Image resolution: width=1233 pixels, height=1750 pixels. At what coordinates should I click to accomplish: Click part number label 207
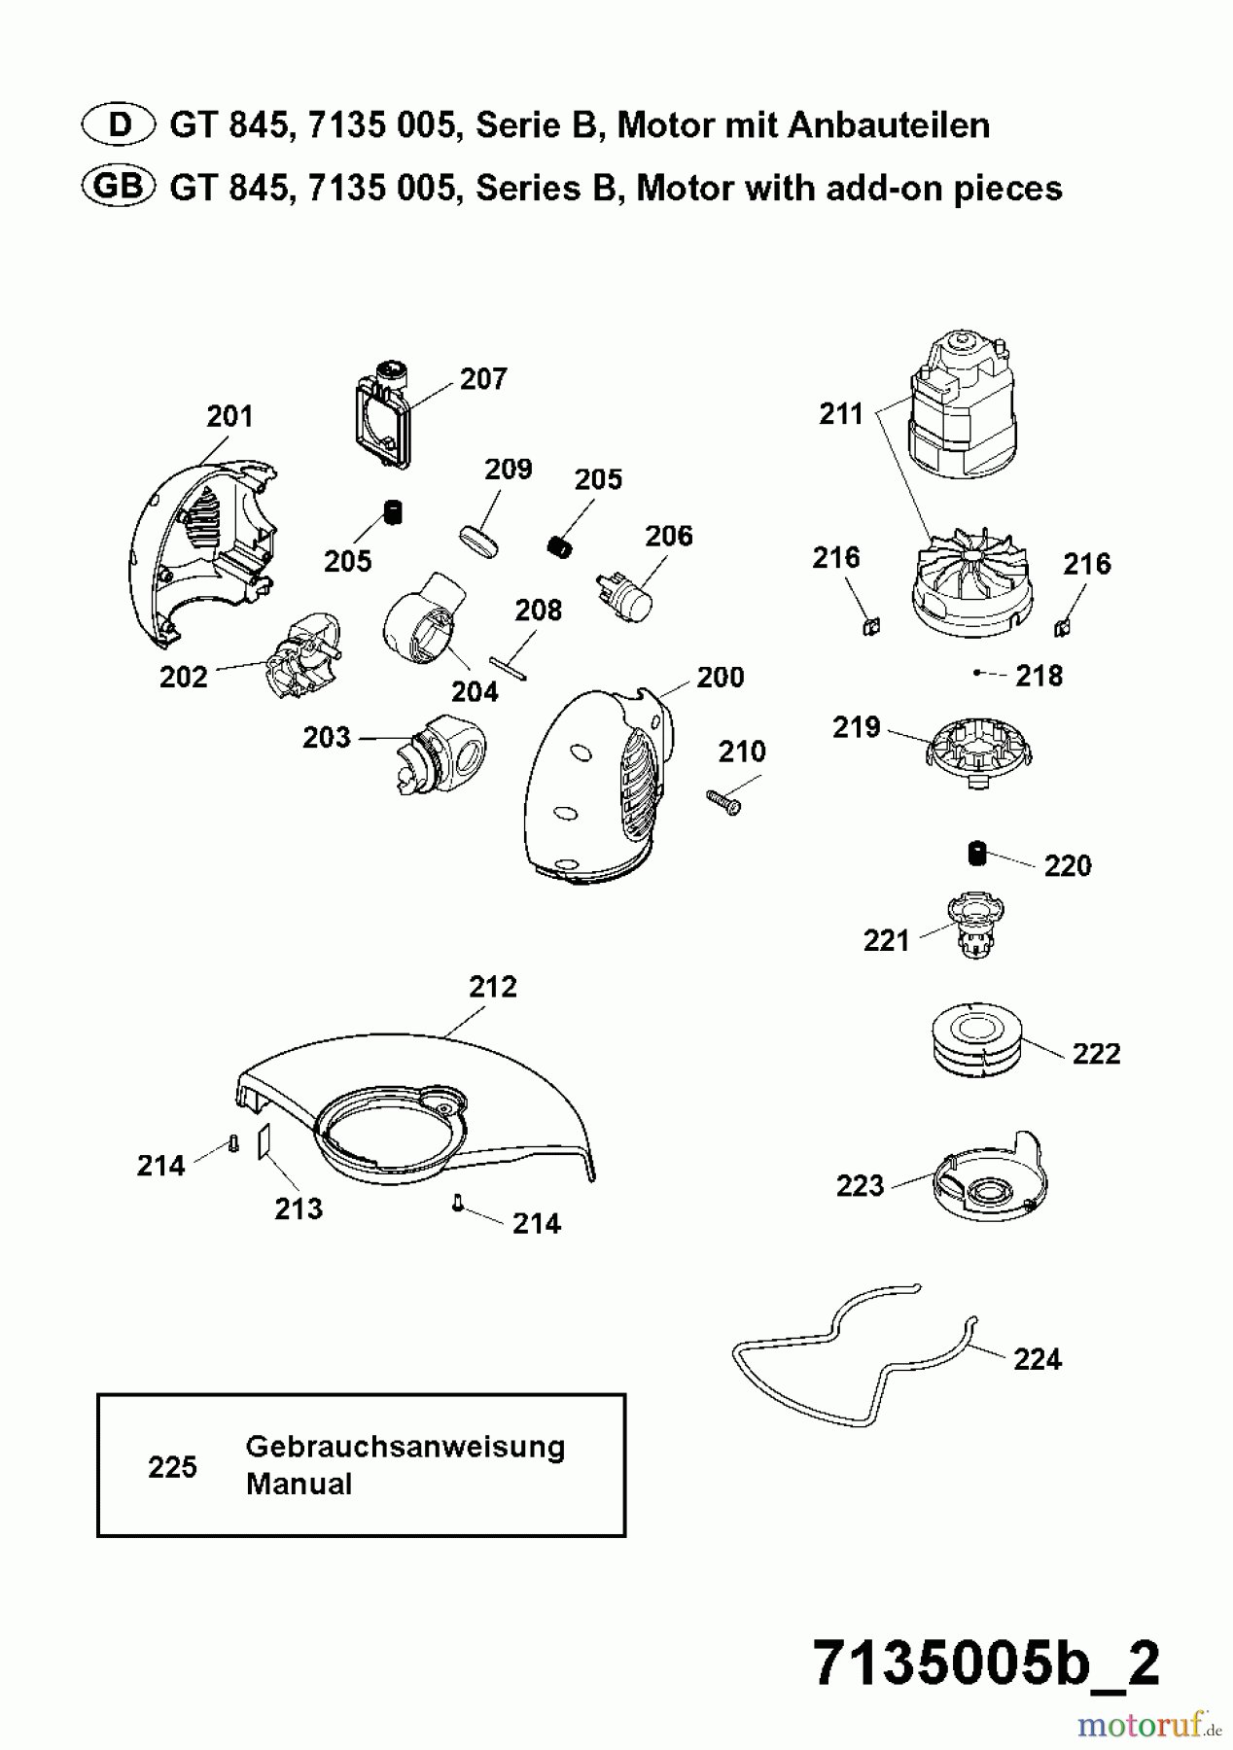pyautogui.click(x=483, y=379)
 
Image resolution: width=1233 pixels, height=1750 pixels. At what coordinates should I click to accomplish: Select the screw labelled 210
pyautogui.click(x=723, y=801)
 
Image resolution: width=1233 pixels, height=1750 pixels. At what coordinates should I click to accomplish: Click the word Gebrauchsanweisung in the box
pyautogui.click(x=405, y=1447)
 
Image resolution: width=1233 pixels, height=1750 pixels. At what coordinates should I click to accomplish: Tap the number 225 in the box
pyautogui.click(x=172, y=1466)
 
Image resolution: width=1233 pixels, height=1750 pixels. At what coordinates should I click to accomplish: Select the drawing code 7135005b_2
pyautogui.click(x=985, y=1663)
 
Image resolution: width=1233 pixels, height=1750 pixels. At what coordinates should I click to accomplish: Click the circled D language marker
pyautogui.click(x=119, y=125)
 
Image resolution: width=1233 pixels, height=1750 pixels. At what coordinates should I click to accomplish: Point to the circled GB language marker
pyautogui.click(x=119, y=187)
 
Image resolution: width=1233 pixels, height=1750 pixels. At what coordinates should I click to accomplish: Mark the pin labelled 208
pyautogui.click(x=509, y=669)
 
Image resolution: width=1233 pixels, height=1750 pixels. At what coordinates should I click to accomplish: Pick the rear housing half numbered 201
pyautogui.click(x=199, y=549)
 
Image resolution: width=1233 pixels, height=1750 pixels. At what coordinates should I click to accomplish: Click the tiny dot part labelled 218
pyautogui.click(x=976, y=673)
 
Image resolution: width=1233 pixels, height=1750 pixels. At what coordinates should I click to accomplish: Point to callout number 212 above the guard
pyautogui.click(x=493, y=987)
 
